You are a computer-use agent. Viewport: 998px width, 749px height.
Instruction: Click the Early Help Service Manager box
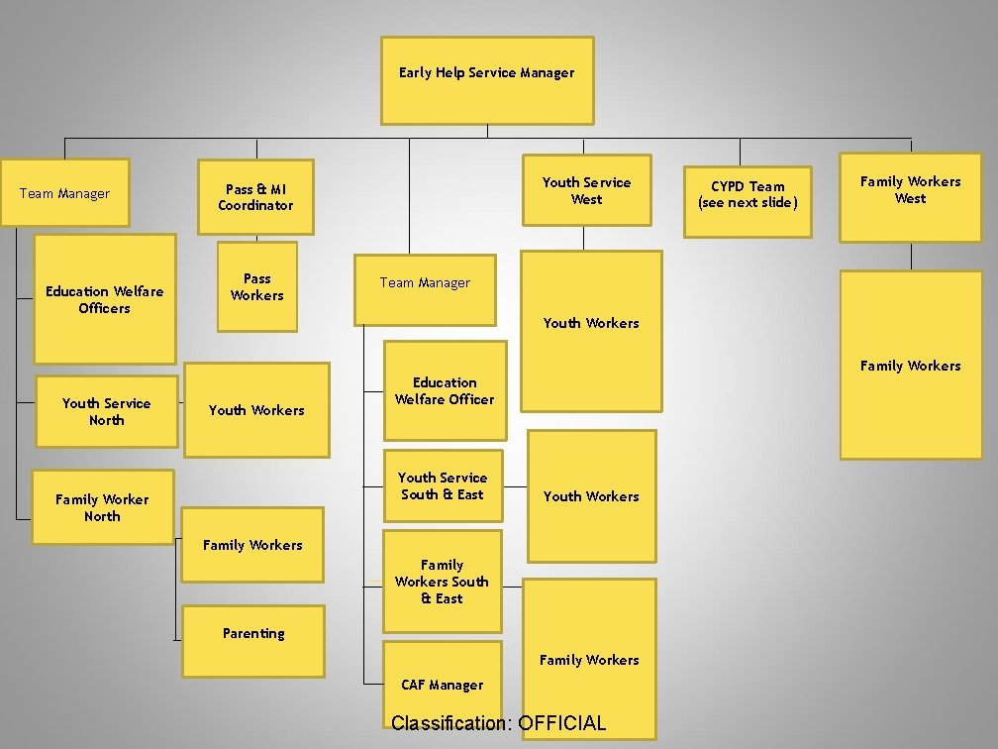[487, 80]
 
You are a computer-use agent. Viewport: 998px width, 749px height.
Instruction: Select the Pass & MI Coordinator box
[255, 197]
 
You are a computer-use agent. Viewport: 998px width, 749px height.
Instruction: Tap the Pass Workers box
[257, 287]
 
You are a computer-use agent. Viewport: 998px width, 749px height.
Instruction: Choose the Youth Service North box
[106, 411]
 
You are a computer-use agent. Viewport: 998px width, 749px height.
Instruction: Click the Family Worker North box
[102, 507]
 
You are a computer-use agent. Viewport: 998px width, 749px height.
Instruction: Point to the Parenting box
[253, 641]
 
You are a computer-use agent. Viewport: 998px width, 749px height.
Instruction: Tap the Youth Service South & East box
[442, 485]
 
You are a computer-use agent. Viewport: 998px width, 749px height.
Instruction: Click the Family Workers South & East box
[442, 582]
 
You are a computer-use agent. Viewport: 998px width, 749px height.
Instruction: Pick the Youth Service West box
[586, 190]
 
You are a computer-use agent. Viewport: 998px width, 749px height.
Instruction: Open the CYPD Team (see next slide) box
[748, 201]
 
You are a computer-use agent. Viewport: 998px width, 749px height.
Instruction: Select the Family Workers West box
[910, 197]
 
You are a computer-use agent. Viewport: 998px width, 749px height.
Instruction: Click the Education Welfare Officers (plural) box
[105, 299]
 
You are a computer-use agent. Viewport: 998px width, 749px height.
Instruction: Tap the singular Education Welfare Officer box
[445, 390]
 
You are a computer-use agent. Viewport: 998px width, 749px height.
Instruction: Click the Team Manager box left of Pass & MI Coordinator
[64, 193]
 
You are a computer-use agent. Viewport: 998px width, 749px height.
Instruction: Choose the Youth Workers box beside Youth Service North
[256, 410]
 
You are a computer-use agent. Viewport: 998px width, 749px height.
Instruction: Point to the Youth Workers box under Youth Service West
[591, 331]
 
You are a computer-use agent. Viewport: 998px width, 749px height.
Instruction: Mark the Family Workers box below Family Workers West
[910, 366]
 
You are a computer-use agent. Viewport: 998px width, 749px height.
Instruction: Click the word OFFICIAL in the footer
[561, 723]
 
